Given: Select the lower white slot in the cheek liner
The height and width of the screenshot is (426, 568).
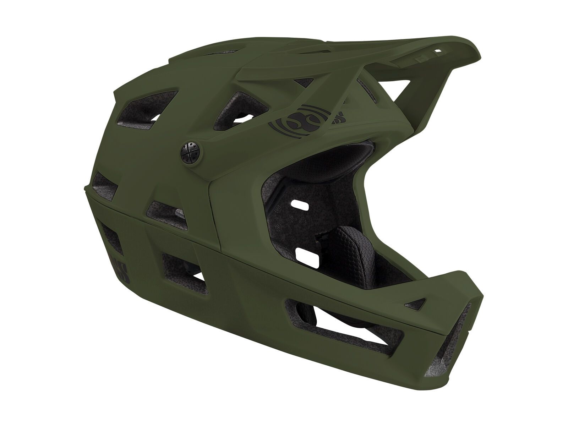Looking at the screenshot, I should click(x=305, y=254).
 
